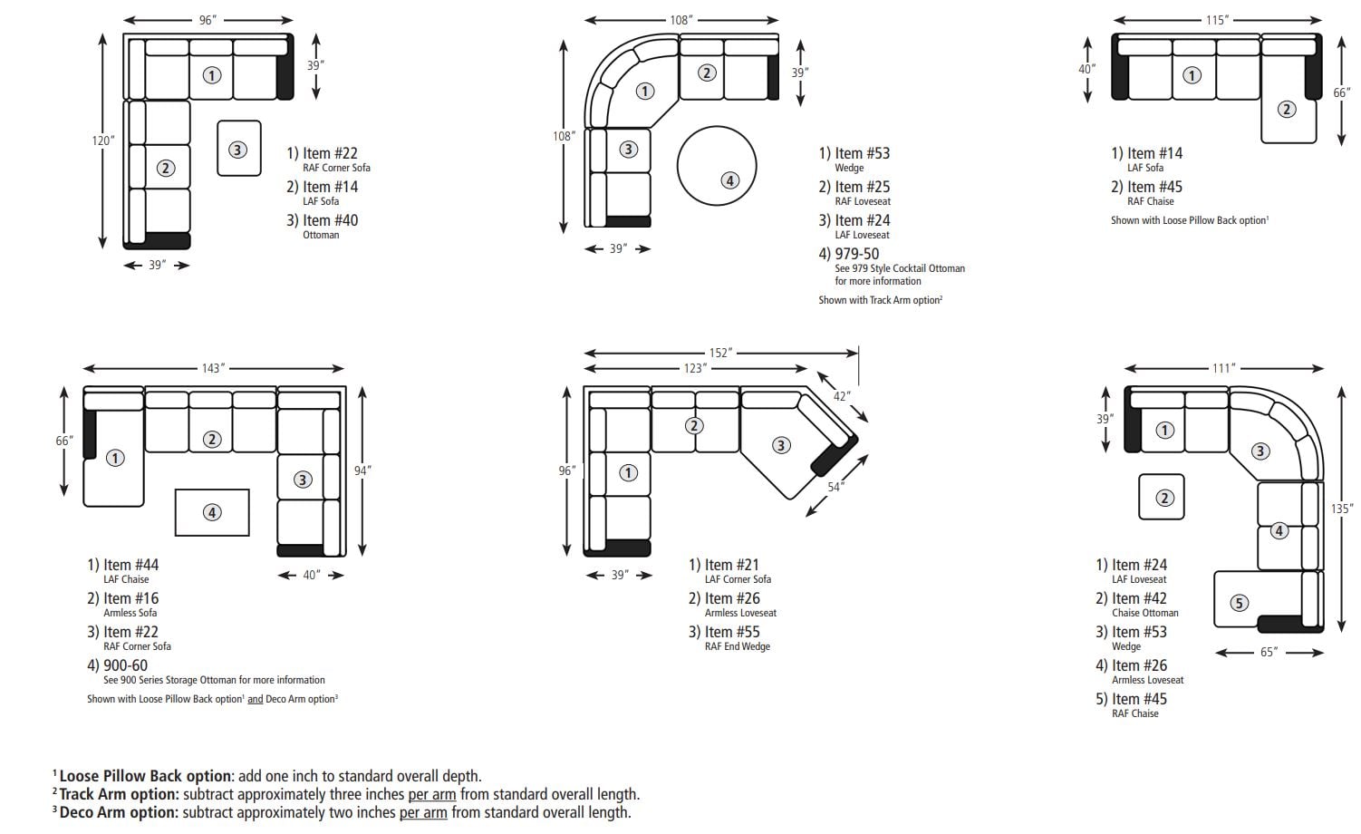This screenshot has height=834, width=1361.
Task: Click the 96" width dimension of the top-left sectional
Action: point(208,20)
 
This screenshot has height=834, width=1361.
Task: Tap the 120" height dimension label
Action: point(102,141)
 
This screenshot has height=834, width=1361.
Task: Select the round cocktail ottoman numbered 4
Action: point(717,166)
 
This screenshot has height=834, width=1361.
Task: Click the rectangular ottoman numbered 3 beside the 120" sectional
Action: point(238,149)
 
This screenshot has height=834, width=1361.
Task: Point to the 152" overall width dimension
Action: point(719,353)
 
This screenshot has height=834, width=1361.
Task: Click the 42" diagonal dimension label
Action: point(842,396)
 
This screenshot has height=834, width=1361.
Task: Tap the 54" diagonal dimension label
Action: point(835,488)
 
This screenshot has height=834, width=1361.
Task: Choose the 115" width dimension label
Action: point(1217,20)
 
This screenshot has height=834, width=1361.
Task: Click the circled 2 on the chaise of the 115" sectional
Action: point(1287,110)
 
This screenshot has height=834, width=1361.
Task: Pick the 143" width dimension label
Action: point(212,368)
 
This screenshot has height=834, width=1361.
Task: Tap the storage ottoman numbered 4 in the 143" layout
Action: point(211,512)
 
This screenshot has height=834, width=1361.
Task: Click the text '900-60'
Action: point(125,665)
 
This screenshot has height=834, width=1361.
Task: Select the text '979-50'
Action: point(856,254)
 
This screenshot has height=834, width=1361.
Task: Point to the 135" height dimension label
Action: point(1341,509)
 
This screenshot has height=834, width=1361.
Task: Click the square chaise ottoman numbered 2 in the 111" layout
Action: point(1161,497)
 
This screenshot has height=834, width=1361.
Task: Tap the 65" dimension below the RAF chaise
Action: point(1269,652)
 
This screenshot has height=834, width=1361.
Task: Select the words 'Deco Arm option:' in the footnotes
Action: point(119,812)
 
